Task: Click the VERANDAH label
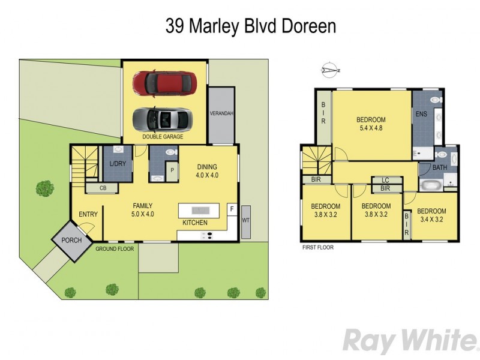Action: [221, 113]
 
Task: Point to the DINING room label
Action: [206, 167]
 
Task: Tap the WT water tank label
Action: [246, 220]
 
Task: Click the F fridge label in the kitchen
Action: [232, 208]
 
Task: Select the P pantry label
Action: [172, 170]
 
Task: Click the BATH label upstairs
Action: [440, 167]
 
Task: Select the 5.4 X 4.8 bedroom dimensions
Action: [371, 128]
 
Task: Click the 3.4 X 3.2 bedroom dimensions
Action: [431, 220]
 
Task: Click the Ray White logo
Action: [406, 340]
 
